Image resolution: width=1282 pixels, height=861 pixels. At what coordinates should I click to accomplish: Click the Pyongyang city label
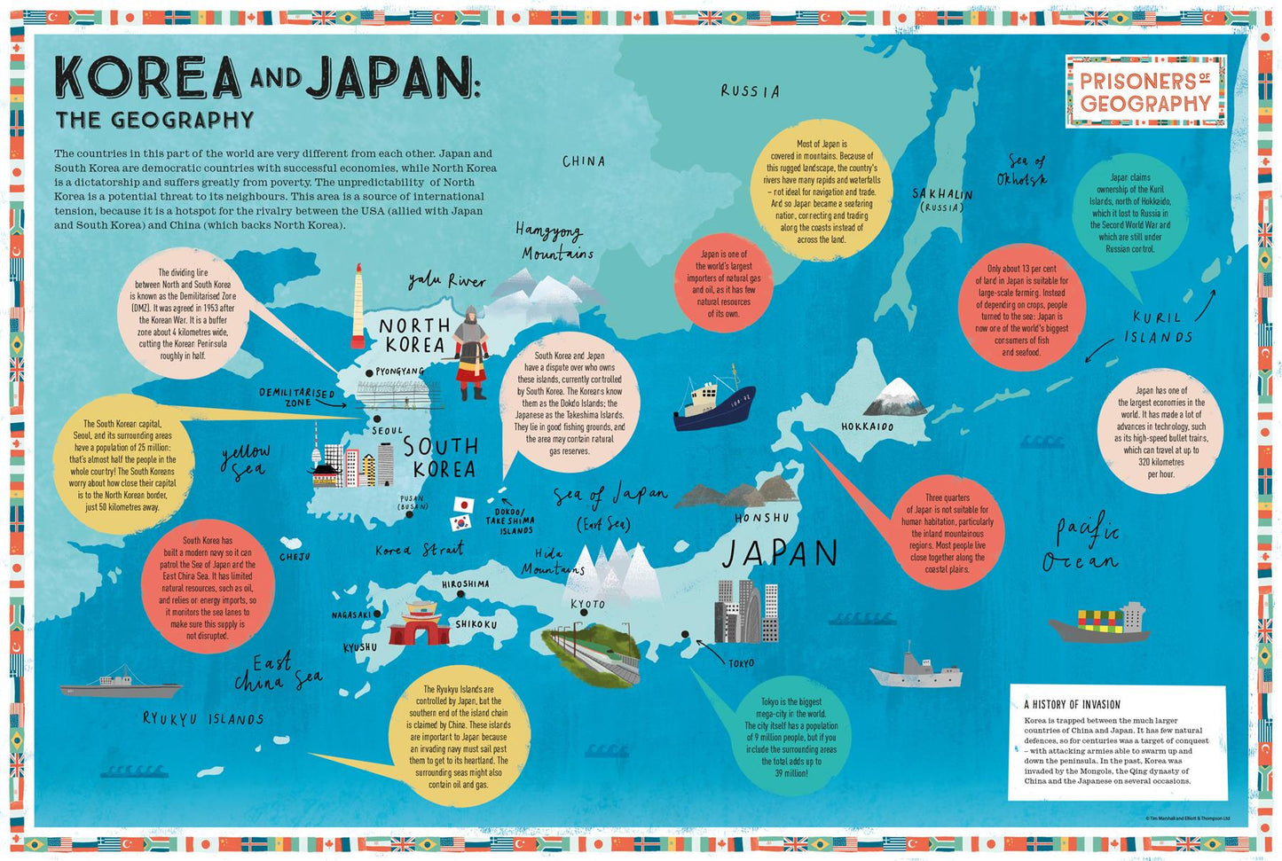pos(399,372)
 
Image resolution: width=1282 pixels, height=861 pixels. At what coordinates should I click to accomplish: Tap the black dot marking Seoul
pos(377,419)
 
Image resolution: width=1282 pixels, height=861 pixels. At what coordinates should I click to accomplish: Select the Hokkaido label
pos(867,427)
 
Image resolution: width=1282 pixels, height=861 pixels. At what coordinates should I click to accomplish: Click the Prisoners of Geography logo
pos(1145,92)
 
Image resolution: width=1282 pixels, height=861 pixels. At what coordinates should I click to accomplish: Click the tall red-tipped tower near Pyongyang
pos(358,306)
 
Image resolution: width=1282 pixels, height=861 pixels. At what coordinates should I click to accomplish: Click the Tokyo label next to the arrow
pos(741,663)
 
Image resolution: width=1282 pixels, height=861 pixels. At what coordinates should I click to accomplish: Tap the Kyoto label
pos(587,605)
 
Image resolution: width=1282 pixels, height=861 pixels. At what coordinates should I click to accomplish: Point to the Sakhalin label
pos(942,194)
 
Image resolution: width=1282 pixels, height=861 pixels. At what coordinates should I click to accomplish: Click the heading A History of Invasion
pos(1072,705)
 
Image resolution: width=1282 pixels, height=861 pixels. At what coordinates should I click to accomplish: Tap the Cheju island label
pos(295,557)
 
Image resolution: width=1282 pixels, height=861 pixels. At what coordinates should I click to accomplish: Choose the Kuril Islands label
pos(1158,327)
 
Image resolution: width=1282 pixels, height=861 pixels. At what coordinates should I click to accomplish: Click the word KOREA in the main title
pos(148,79)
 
